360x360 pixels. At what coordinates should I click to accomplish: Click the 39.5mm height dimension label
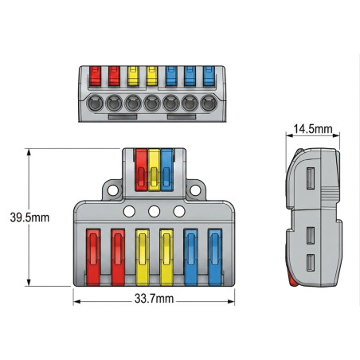[x=29, y=217]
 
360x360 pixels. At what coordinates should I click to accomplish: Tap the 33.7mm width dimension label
[x=154, y=299]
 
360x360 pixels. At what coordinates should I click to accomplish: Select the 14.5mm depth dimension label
[x=313, y=129]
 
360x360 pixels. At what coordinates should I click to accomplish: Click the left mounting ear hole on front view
[x=113, y=190]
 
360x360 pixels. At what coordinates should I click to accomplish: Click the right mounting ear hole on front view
[x=195, y=190]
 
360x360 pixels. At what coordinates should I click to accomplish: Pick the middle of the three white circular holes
[x=155, y=212]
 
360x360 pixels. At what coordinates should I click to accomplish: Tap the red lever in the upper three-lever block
[x=141, y=170]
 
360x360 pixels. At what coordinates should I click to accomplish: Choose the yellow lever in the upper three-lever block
[x=154, y=170]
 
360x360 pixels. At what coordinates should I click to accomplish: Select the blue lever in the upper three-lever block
[x=167, y=170]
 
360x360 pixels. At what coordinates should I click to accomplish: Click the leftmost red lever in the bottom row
[x=93, y=257]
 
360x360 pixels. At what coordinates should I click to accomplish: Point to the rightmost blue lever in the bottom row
[x=215, y=257]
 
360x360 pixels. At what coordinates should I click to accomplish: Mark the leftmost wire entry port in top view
[x=96, y=104]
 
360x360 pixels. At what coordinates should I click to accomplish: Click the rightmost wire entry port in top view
[x=209, y=104]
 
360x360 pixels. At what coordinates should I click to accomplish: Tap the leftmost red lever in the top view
[x=96, y=76]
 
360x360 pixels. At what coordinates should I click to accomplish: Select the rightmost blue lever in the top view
[x=209, y=76]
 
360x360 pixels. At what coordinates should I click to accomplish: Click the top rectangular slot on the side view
[x=311, y=178]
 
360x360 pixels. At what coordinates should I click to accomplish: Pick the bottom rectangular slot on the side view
[x=311, y=263]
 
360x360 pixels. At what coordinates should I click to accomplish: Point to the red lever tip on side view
[x=292, y=280]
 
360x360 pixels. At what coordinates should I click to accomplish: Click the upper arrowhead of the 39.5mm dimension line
[x=29, y=152]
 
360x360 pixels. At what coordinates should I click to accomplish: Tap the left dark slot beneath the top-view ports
[x=123, y=117]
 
